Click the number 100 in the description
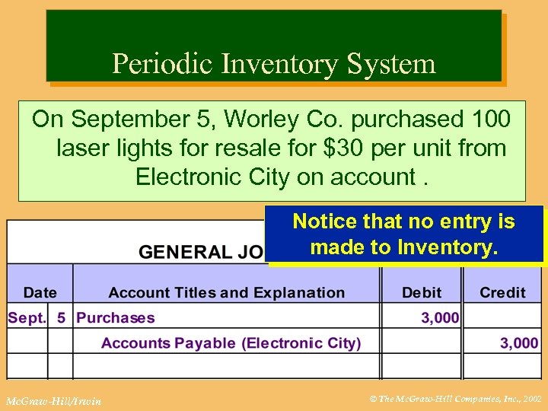click(x=488, y=119)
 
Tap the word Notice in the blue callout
click(x=325, y=221)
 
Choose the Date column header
click(x=40, y=292)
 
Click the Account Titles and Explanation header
click(x=227, y=292)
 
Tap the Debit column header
click(x=422, y=292)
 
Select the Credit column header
click(x=502, y=292)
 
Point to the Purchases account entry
click(x=116, y=318)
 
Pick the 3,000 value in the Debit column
click(x=440, y=318)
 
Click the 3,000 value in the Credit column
click(x=518, y=343)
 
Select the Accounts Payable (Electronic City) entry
click(x=231, y=343)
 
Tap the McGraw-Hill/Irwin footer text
click(x=53, y=400)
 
